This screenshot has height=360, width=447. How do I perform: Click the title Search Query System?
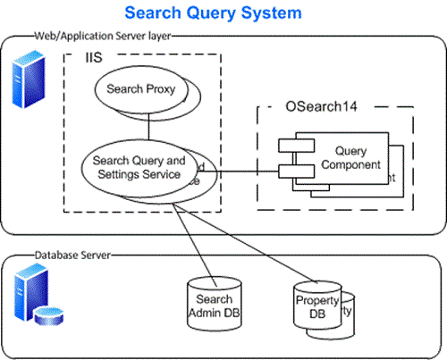[213, 13]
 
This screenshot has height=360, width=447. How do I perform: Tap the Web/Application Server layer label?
[102, 37]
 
